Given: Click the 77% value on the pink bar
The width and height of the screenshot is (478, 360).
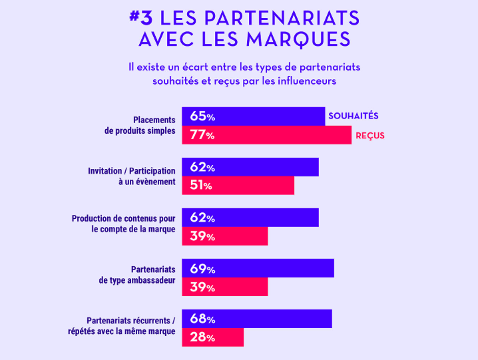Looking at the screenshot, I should pyautogui.click(x=202, y=135).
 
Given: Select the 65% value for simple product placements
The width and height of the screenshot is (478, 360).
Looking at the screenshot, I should pyautogui.click(x=202, y=116).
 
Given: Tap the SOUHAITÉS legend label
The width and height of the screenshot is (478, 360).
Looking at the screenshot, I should pyautogui.click(x=353, y=116).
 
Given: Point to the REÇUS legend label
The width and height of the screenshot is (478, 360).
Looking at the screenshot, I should pyautogui.click(x=370, y=136).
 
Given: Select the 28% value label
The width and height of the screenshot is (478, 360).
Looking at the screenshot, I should pyautogui.click(x=202, y=337).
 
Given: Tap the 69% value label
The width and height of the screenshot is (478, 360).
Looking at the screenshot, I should pyautogui.click(x=202, y=269).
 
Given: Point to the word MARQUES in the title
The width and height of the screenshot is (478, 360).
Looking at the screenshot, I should pyautogui.click(x=298, y=39).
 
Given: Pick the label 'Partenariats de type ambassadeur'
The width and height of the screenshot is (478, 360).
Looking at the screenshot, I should pyautogui.click(x=137, y=275).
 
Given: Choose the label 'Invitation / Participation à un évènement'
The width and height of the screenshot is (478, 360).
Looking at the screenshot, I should pyautogui.click(x=132, y=176).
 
